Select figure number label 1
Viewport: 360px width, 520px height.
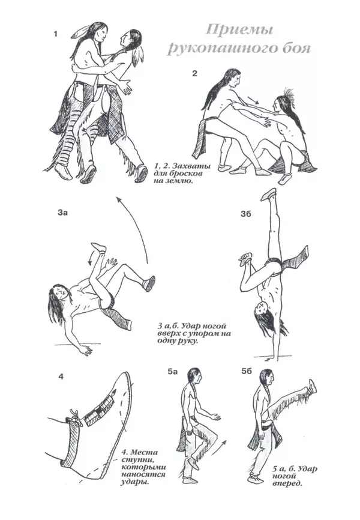click(55, 34)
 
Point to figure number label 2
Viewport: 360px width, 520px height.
click(194, 74)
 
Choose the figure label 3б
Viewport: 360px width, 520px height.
click(246, 214)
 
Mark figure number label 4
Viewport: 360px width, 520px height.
click(61, 377)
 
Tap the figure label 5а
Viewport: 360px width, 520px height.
click(172, 372)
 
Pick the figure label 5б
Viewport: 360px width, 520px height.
click(246, 372)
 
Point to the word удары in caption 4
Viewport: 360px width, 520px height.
click(134, 482)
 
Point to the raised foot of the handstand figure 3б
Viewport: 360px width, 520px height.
click(269, 195)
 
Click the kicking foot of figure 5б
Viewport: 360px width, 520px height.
click(312, 387)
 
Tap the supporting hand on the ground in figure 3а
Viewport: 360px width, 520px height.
click(86, 350)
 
